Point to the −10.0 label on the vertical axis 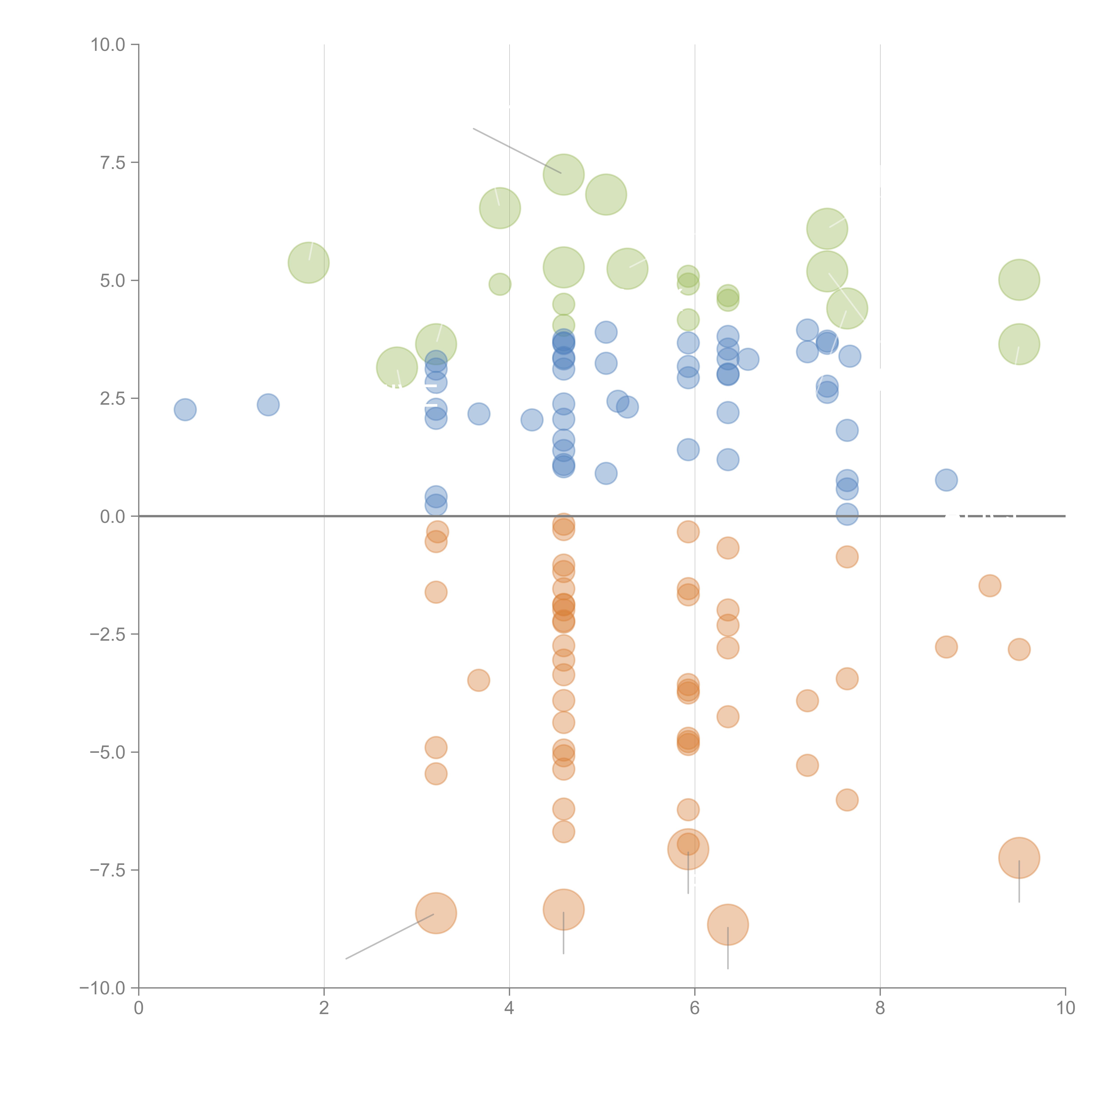point(102,988)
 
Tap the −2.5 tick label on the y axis point(107,634)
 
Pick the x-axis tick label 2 point(324,1008)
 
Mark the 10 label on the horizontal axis point(1065,1008)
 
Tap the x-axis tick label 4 point(509,1008)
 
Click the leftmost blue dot point(185,410)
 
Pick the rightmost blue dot point(946,480)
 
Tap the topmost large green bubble point(564,175)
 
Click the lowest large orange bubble point(728,924)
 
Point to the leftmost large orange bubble point(436,913)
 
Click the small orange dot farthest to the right point(1019,650)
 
